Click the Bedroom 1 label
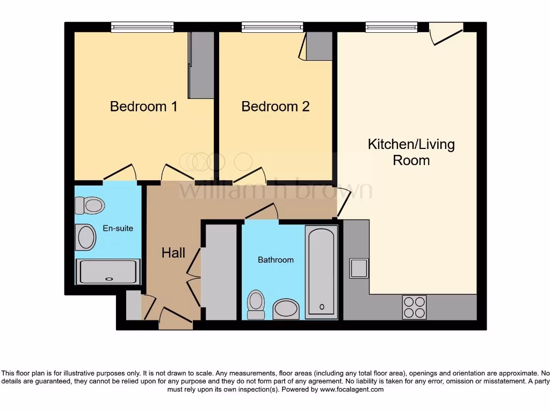pyautogui.click(x=143, y=106)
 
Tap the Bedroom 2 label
pyautogui.click(x=275, y=106)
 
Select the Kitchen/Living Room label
pyautogui.click(x=411, y=152)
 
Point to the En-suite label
pyautogui.click(x=118, y=229)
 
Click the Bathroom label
pyautogui.click(x=276, y=260)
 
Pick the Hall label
pyautogui.click(x=173, y=253)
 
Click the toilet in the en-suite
pyautogui.click(x=89, y=205)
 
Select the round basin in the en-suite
pyautogui.click(x=86, y=237)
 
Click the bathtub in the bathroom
pyautogui.click(x=322, y=272)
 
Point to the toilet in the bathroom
pyautogui.click(x=256, y=304)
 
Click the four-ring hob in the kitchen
pyautogui.click(x=414, y=308)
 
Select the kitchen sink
pyautogui.click(x=359, y=268)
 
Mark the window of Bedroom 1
pyautogui.click(x=142, y=27)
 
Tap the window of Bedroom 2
pyautogui.click(x=272, y=27)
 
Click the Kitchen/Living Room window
pyautogui.click(x=392, y=27)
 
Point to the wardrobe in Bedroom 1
pyautogui.click(x=201, y=65)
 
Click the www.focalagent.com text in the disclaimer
pyautogui.click(x=352, y=389)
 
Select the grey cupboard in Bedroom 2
pyautogui.click(x=319, y=46)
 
